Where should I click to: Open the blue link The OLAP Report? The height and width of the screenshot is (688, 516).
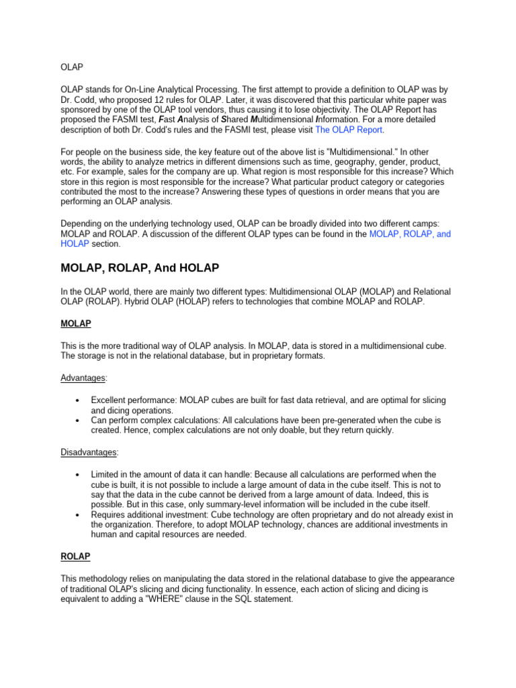pyautogui.click(x=349, y=130)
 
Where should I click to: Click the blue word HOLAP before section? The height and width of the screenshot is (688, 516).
pyautogui.click(x=75, y=244)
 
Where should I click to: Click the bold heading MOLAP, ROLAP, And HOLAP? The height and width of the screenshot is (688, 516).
pyautogui.click(x=140, y=268)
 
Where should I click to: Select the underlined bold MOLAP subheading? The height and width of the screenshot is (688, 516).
pyautogui.click(x=76, y=324)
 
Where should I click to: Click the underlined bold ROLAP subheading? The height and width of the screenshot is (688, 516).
pyautogui.click(x=75, y=557)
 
